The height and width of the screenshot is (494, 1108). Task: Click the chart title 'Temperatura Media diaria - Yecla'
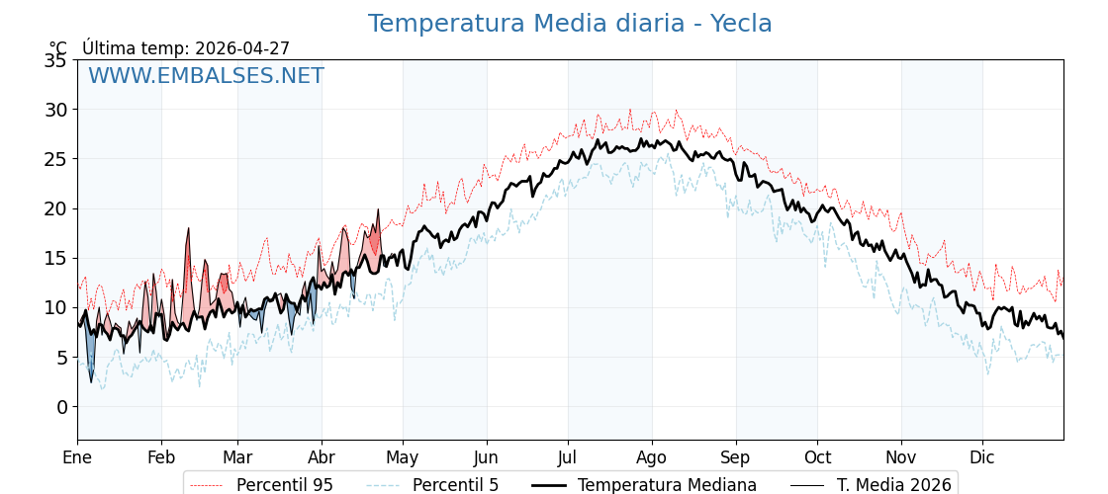click(x=570, y=24)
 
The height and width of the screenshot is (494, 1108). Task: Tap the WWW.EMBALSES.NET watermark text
click(x=206, y=76)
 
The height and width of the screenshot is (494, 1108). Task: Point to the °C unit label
click(x=58, y=48)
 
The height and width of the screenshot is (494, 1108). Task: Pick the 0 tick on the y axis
click(x=61, y=407)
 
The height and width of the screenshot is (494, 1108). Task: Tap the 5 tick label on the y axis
click(x=61, y=358)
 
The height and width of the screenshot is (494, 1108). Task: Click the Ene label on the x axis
click(x=77, y=457)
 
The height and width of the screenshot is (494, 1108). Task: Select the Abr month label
click(x=322, y=457)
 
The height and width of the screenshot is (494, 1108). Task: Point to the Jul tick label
click(x=568, y=457)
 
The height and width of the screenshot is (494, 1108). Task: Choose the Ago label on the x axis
click(x=652, y=457)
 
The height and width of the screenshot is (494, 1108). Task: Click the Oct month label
click(x=817, y=457)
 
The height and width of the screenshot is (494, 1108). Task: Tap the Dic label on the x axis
click(x=982, y=457)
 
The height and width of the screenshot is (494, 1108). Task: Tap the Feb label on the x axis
click(x=161, y=457)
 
